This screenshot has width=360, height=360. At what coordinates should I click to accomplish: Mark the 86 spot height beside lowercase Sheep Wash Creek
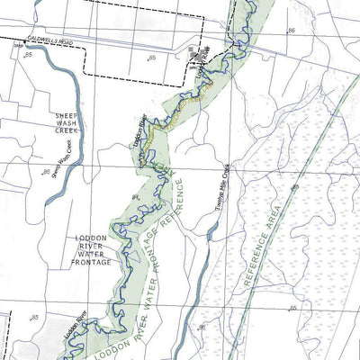46,171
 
